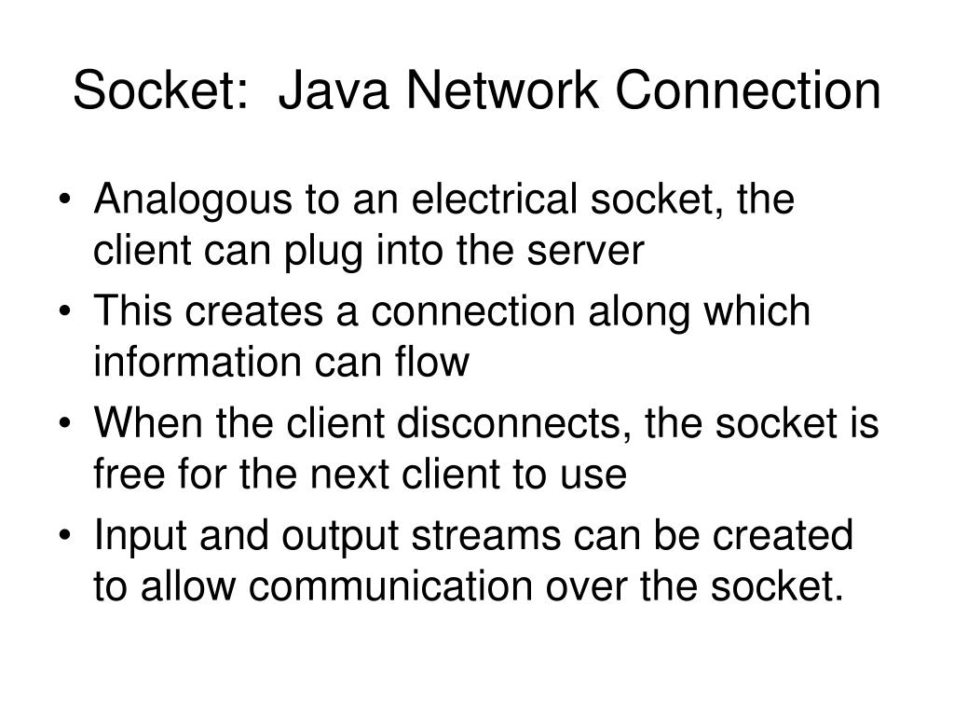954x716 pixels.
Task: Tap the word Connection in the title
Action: click(x=744, y=91)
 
